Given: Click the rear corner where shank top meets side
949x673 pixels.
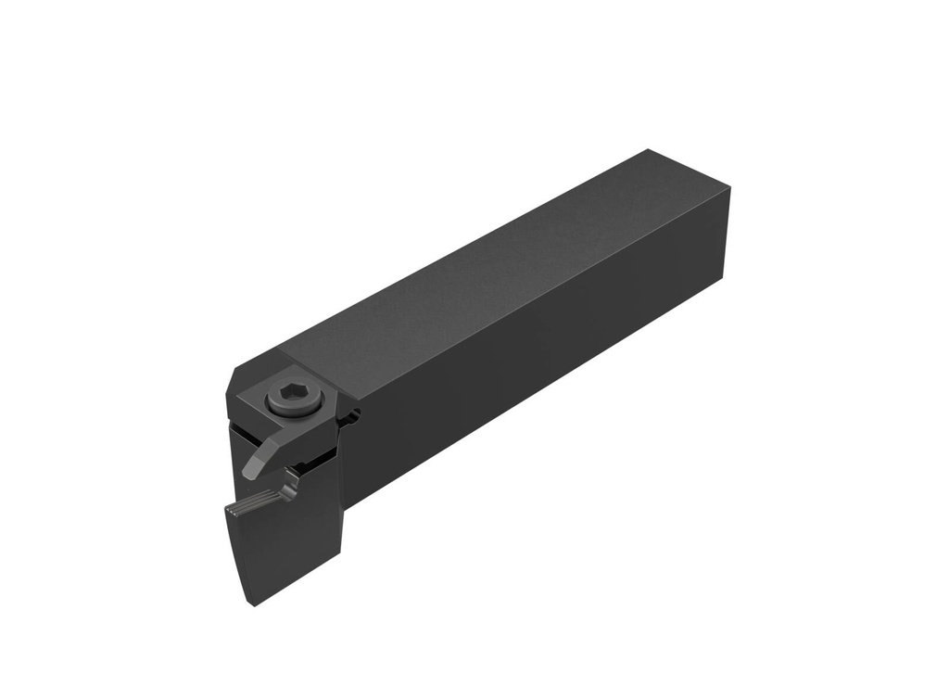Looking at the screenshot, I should (729, 188).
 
